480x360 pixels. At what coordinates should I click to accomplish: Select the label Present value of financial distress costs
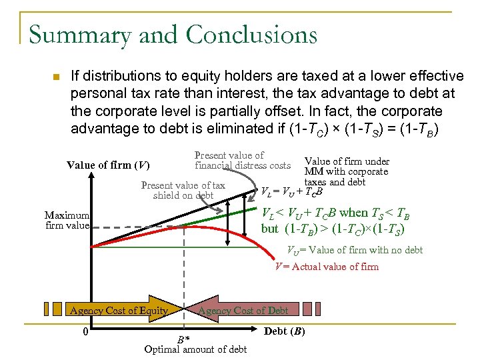pos(243,160)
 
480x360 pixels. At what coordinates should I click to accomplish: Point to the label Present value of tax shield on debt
pos(183,190)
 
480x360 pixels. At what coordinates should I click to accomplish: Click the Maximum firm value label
pos(67,220)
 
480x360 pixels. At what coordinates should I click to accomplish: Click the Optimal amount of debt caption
pos(195,349)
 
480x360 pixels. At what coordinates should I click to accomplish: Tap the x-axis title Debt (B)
pos(285,331)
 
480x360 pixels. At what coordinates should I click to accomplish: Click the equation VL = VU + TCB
pos(292,192)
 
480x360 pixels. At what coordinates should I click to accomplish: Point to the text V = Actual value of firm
pos(327,267)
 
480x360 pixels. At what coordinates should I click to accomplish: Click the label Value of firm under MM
pos(346,171)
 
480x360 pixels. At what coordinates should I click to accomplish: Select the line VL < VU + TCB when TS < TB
pos(335,213)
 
